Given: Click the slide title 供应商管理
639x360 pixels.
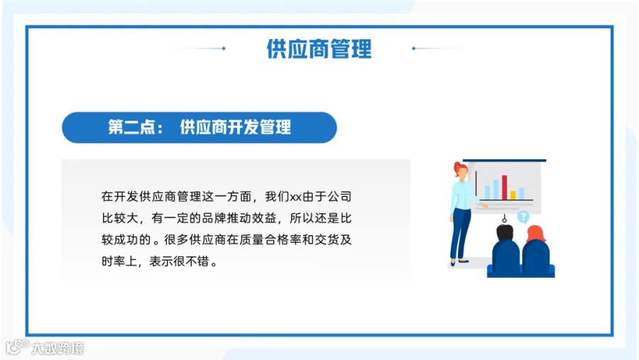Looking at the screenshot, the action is [x=319, y=49].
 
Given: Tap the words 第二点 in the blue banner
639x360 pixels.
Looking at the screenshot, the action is [x=131, y=127].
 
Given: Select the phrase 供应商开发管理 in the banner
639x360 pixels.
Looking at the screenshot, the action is [x=236, y=127].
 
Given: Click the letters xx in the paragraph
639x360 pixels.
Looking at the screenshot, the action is [x=295, y=197].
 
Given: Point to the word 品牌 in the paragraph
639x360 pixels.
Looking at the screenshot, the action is [x=214, y=218].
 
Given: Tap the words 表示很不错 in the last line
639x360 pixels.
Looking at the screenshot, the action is [x=179, y=261].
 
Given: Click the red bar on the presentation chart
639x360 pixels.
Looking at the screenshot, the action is [x=505, y=187].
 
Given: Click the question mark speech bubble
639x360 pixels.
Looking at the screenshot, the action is [x=523, y=217].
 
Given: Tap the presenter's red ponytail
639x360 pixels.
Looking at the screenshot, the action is [x=457, y=168].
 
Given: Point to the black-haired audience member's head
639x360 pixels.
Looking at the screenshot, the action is [x=505, y=233].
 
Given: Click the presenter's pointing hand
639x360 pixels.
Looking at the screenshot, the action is [x=484, y=207].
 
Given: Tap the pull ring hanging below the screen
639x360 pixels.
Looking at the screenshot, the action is [x=505, y=219].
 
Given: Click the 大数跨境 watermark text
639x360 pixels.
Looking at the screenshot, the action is [x=58, y=348].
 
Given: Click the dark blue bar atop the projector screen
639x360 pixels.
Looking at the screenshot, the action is [x=504, y=160].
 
